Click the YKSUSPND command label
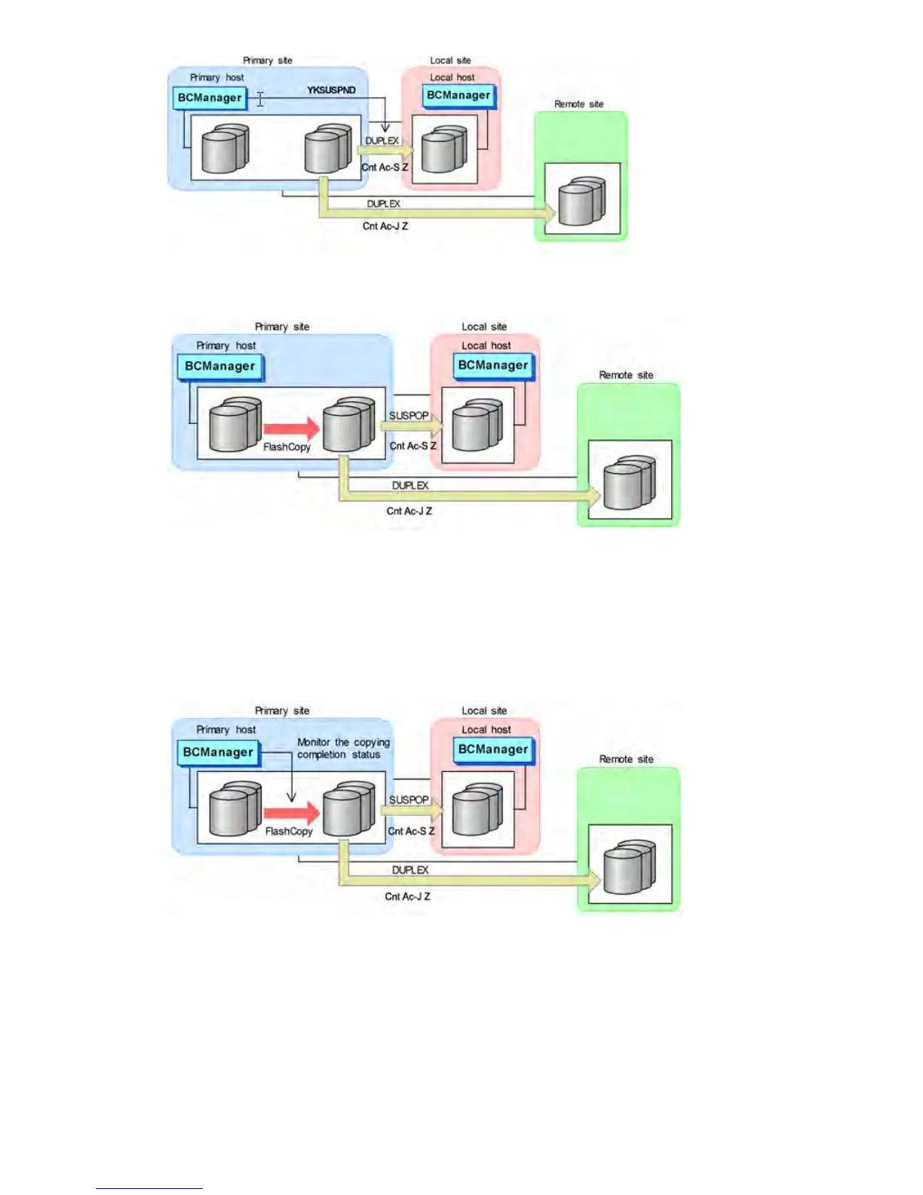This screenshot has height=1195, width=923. pyautogui.click(x=331, y=90)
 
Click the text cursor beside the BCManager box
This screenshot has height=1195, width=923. pyautogui.click(x=260, y=99)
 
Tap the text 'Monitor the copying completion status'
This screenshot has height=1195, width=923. pyautogui.click(x=343, y=748)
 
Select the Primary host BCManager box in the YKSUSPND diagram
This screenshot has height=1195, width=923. pyautogui.click(x=210, y=98)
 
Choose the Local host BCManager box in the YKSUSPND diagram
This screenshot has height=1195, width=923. pyautogui.click(x=458, y=96)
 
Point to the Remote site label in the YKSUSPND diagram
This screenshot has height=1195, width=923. pyautogui.click(x=578, y=104)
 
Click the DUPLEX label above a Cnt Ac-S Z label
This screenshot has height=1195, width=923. pyautogui.click(x=382, y=141)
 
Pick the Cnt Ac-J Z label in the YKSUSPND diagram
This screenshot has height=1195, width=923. pyautogui.click(x=385, y=226)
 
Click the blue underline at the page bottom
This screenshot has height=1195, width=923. pyautogui.click(x=149, y=1188)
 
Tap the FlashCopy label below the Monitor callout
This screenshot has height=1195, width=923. pyautogui.click(x=288, y=831)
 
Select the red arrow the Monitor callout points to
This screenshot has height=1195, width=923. pyautogui.click(x=292, y=813)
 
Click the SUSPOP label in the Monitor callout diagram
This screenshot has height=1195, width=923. pyautogui.click(x=409, y=800)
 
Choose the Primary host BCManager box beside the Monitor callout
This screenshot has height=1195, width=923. pyautogui.click(x=219, y=752)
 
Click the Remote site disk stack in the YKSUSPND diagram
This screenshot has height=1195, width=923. pyautogui.click(x=581, y=201)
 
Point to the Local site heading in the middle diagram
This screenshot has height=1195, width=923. pyautogui.click(x=484, y=327)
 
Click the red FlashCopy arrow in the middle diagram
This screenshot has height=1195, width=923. pyautogui.click(x=292, y=429)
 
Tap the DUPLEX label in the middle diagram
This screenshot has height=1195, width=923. pyautogui.click(x=410, y=485)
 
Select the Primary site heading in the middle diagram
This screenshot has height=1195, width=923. pyautogui.click(x=282, y=327)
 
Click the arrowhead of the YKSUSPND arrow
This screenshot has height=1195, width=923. pyautogui.click(x=385, y=127)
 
